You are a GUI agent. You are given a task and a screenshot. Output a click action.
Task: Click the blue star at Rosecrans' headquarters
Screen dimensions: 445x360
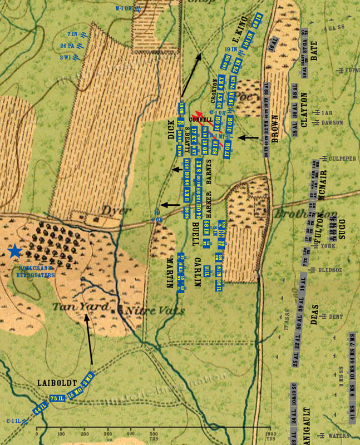pyautogui.click(x=14, y=251)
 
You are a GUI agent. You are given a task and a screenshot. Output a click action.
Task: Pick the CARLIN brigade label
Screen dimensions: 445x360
pyautogui.click(x=197, y=273)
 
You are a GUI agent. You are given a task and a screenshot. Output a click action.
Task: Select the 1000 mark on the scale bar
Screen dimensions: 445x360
pyautogui.click(x=269, y=433)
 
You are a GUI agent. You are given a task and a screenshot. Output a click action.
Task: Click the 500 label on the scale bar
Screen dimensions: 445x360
pyautogui.click(x=153, y=433)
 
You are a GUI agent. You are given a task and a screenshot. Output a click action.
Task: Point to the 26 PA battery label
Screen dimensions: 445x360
pyautogui.click(x=67, y=46)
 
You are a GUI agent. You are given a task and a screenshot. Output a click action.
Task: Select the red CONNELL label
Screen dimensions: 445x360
pyautogui.click(x=201, y=119)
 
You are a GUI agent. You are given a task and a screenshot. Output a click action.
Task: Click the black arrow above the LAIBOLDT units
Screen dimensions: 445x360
pyautogui.click(x=89, y=339)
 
